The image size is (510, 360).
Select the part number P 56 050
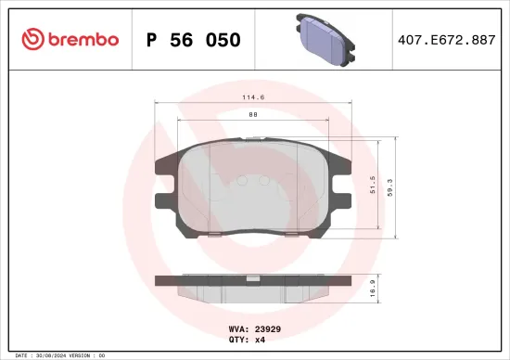pos(194,40)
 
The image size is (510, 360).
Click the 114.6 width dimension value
pos(253,96)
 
